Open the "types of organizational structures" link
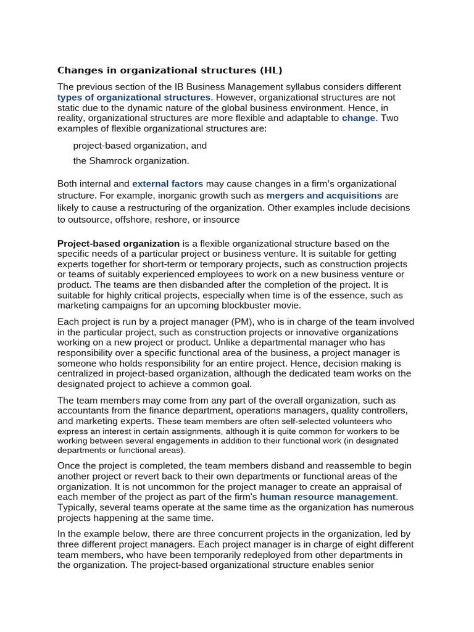coord(134,98)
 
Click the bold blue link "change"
coord(359,118)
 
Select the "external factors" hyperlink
coord(167,184)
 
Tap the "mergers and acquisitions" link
coord(324,196)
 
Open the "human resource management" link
coord(328,497)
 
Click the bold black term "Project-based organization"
coord(118,244)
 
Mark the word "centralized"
coord(86,373)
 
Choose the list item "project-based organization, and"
coord(140,146)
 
